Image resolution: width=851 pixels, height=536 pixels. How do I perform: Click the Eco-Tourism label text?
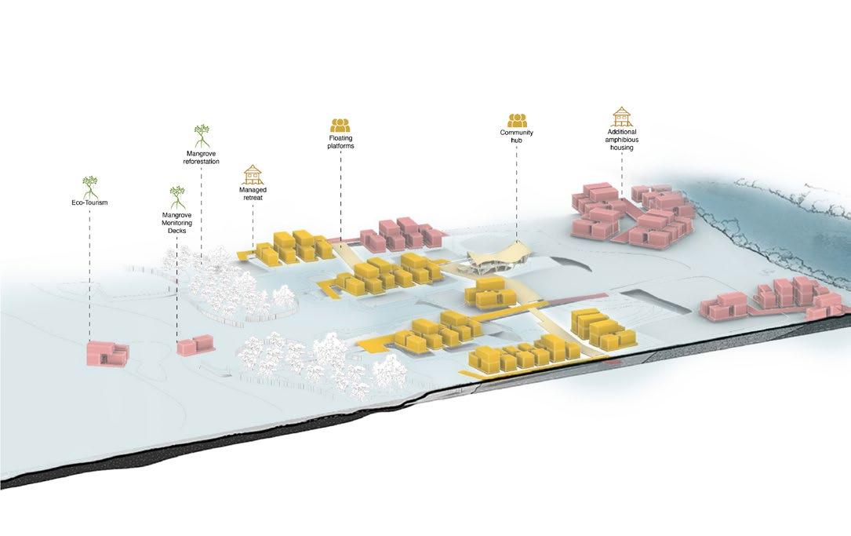pos(89,202)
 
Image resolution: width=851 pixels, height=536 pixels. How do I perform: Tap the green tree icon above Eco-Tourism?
pos(91,186)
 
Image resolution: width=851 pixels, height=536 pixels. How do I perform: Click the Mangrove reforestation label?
pos(202,157)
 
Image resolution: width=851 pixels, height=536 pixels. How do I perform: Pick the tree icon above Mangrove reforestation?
pos(202,136)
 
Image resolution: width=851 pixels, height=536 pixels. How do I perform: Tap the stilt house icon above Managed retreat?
pos(253,174)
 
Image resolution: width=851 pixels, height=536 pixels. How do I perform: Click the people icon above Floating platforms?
pos(340,124)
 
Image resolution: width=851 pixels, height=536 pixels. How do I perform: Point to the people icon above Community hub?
pos(517,120)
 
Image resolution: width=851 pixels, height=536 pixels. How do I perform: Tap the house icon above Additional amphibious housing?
pos(621,116)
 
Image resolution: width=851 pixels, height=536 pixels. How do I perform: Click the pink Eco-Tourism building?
pos(107,353)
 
